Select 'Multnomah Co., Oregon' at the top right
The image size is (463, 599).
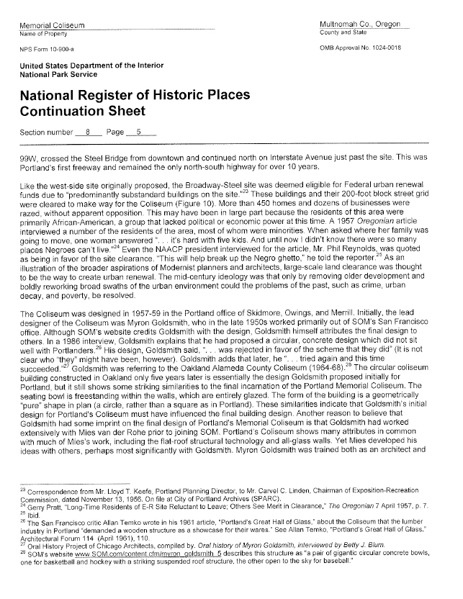[359, 25]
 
